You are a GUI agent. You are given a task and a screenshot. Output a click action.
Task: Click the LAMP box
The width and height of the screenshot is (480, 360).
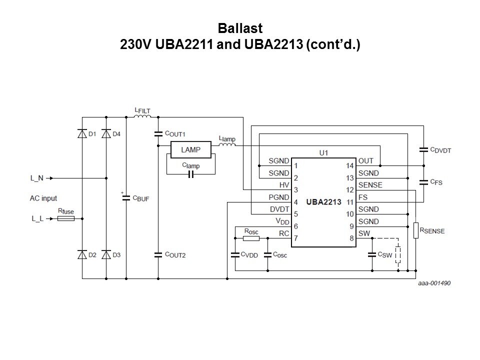click(x=190, y=149)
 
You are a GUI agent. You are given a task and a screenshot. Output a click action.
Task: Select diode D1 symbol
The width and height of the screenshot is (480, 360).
click(x=82, y=133)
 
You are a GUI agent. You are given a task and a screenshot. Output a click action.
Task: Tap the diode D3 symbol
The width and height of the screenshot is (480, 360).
click(x=106, y=254)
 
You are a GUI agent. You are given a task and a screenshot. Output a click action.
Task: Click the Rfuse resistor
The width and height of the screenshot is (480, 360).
click(x=66, y=218)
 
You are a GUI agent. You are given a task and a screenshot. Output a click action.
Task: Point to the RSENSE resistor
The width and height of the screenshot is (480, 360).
click(x=415, y=230)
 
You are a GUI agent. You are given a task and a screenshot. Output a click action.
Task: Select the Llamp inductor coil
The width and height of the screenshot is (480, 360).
click(x=227, y=145)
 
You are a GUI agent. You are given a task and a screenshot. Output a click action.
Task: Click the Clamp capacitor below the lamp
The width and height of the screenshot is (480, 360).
click(x=190, y=174)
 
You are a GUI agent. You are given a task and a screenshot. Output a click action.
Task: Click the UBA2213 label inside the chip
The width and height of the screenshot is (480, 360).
click(x=323, y=202)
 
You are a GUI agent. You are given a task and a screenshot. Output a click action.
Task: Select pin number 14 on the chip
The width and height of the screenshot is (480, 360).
click(x=350, y=165)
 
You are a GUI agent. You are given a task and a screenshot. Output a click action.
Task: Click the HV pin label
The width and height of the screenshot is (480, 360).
click(x=283, y=185)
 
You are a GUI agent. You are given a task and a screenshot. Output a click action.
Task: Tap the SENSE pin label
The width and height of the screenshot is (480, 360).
click(x=370, y=185)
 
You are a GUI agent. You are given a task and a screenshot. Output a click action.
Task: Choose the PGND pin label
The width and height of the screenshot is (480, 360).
click(x=278, y=197)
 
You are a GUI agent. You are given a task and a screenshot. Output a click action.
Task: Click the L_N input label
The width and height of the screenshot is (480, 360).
click(x=37, y=177)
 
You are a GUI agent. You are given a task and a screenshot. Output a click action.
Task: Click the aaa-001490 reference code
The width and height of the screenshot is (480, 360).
click(x=434, y=282)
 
